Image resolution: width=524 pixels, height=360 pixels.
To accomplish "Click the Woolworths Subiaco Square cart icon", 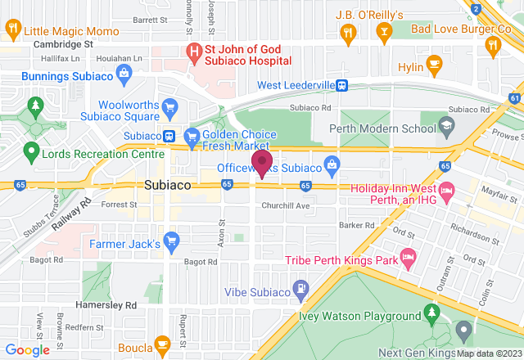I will click(169, 107).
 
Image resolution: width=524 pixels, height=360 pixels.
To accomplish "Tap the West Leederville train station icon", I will click(342, 85).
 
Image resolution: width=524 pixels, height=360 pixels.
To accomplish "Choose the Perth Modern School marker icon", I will click(446, 125).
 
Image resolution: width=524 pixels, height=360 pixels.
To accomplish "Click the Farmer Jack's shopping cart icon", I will click(171, 241).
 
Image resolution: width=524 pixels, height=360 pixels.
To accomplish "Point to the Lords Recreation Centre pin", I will click(31, 151).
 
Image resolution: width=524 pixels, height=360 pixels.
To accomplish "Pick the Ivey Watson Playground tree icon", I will click(431, 314).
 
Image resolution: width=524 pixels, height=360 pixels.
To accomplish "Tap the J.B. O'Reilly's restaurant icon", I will click(350, 32).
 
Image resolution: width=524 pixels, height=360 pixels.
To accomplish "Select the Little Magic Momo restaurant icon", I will click(12, 30).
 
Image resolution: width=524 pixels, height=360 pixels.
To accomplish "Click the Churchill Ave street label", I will click(285, 205).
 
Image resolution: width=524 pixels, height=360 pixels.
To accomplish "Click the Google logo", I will click(27, 350).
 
